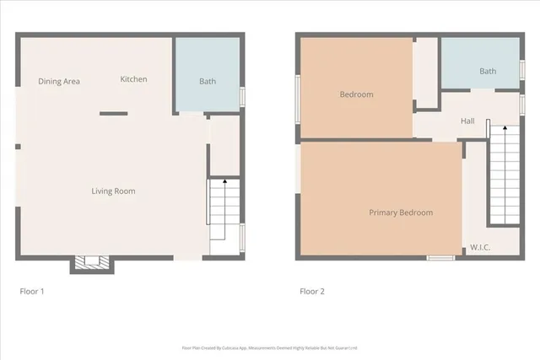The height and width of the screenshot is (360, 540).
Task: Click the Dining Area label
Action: (59, 81)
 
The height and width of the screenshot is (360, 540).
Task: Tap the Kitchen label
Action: (133, 79)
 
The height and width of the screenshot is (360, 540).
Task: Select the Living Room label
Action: (113, 191)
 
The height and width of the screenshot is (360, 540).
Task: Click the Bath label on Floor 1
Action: (207, 82)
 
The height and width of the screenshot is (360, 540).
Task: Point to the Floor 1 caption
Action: (31, 292)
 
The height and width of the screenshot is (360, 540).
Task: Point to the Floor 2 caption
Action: (311, 292)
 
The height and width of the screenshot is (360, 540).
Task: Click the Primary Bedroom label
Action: (401, 212)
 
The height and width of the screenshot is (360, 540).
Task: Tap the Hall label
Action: (467, 121)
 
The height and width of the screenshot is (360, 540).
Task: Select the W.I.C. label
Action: (480, 247)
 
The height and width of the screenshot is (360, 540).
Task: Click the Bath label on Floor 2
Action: (488, 72)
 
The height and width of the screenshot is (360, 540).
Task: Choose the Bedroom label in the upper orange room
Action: (356, 94)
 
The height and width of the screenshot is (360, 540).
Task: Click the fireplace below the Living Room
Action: (91, 265)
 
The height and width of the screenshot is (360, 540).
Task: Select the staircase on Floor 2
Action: (504, 177)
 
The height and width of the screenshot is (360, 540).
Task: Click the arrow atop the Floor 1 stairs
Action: (224, 181)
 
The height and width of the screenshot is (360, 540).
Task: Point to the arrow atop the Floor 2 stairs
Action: (488, 124)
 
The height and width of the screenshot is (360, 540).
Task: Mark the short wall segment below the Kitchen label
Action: (113, 114)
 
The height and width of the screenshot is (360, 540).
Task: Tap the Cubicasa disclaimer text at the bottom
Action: (270, 347)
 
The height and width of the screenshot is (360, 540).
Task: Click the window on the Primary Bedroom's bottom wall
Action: (440, 258)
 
